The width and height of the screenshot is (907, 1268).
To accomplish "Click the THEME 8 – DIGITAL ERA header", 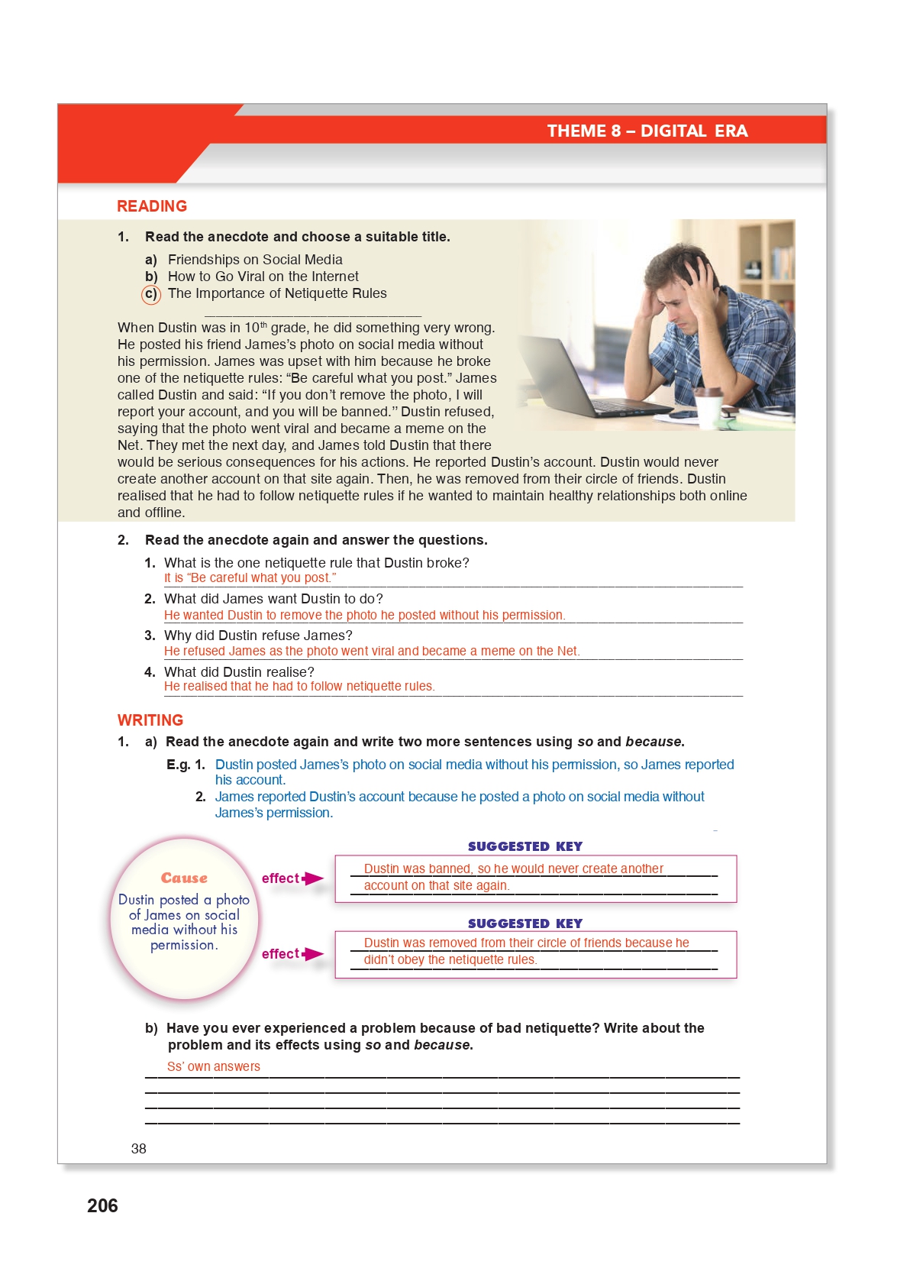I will pyautogui.click(x=647, y=131).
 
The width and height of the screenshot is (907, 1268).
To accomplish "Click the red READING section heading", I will pyautogui.click(x=152, y=206).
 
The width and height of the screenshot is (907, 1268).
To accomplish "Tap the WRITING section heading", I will pyautogui.click(x=150, y=720).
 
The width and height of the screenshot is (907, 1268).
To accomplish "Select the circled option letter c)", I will pyautogui.click(x=151, y=294).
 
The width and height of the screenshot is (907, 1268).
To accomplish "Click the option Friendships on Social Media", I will pyautogui.click(x=255, y=260).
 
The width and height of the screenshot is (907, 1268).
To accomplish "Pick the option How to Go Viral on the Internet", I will pyautogui.click(x=263, y=277).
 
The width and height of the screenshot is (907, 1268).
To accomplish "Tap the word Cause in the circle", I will pyautogui.click(x=184, y=878).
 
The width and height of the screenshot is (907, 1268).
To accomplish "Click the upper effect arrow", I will pyautogui.click(x=312, y=878).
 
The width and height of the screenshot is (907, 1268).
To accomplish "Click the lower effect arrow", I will pyautogui.click(x=312, y=954).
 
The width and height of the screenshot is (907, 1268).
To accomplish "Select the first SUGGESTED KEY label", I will pyautogui.click(x=525, y=846).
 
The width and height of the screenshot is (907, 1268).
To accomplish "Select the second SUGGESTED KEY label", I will pyautogui.click(x=525, y=924).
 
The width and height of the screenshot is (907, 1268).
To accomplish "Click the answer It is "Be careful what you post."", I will pyautogui.click(x=250, y=578).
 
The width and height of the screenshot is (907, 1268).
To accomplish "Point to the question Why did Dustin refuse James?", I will pyautogui.click(x=258, y=636).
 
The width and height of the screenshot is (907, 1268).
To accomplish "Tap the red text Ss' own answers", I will pyautogui.click(x=214, y=1066).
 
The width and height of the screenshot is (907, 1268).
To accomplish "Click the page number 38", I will pyautogui.click(x=139, y=1149).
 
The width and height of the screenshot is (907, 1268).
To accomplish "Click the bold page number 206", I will pyautogui.click(x=102, y=1206).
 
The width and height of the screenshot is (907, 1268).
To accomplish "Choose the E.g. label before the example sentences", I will pyautogui.click(x=178, y=765).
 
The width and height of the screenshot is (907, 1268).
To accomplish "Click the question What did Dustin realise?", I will pyautogui.click(x=239, y=672).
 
